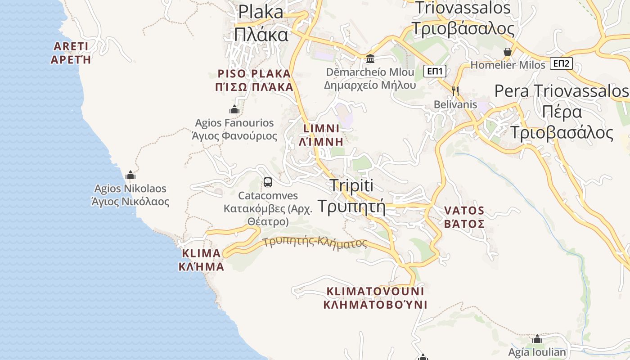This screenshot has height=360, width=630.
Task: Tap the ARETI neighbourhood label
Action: click(71, 53)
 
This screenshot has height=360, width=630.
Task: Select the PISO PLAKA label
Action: click(255, 80)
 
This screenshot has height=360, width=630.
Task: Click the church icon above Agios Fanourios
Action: click(234, 109)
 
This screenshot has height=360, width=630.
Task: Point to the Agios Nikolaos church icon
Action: click(130, 175)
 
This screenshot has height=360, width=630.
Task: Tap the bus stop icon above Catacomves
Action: click(268, 182)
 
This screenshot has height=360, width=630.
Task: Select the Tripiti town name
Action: click(352, 196)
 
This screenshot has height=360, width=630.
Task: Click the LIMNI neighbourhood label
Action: click(321, 135)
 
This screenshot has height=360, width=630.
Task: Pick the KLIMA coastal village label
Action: click(201, 260)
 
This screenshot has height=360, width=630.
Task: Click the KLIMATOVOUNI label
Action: click(375, 297)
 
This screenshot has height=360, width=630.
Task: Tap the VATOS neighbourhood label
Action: click(464, 217)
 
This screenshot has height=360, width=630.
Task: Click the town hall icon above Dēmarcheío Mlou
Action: click(370, 58)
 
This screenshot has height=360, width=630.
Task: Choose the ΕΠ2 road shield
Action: click(561, 63)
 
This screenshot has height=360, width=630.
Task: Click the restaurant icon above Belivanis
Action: click(455, 91)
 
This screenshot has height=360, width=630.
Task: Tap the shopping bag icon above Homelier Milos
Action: click(508, 52)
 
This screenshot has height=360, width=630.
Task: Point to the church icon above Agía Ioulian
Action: click(537, 339)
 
